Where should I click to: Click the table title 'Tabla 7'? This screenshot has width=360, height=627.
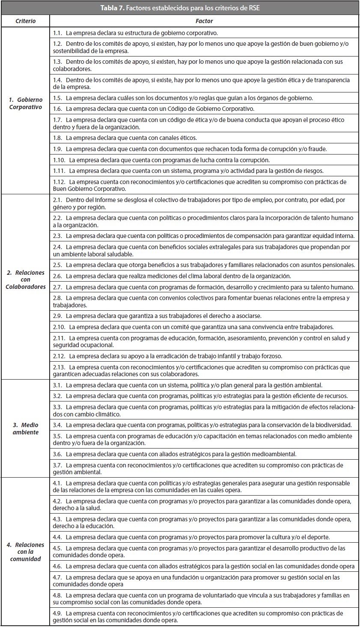(180, 8)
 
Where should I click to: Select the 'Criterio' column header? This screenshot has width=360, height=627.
(26, 21)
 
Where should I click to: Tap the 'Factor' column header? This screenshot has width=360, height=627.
(204, 21)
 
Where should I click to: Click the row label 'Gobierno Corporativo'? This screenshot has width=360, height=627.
(26, 104)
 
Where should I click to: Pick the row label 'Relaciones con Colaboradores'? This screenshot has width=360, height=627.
(26, 279)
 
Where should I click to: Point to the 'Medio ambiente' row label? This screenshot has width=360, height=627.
(26, 428)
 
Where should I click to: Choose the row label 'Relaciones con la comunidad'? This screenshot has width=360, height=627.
(26, 552)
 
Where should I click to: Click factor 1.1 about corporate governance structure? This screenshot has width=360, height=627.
(135, 33)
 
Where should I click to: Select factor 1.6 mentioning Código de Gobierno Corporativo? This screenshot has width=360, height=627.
(153, 109)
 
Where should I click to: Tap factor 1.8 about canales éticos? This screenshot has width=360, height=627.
(125, 138)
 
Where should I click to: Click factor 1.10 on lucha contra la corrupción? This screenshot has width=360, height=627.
(161, 160)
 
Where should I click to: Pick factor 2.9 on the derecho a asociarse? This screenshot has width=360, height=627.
(157, 316)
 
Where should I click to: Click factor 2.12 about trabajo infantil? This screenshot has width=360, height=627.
(167, 356)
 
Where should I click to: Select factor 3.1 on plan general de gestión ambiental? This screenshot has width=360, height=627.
(187, 385)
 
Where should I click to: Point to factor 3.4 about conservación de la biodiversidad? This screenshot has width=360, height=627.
(202, 425)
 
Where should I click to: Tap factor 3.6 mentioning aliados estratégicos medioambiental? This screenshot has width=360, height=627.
(174, 454)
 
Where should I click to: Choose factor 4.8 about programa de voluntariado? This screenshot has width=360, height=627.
(201, 599)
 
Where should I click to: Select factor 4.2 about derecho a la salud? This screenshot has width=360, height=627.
(202, 505)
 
